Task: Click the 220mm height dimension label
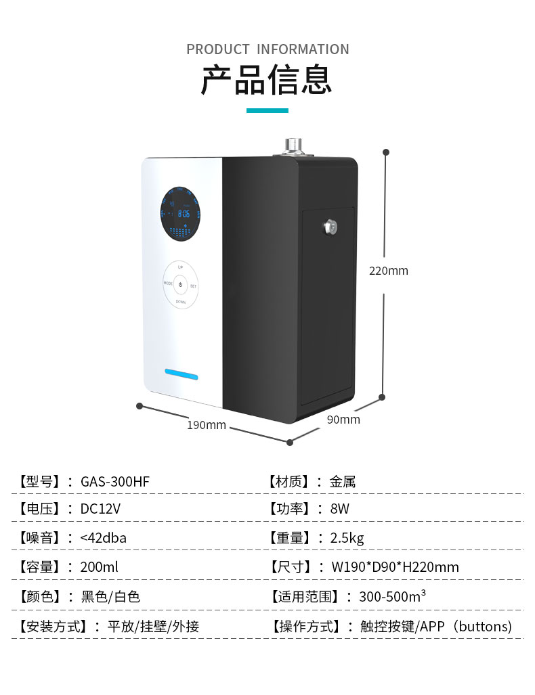pos(388,271)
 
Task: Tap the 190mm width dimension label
pos(207,425)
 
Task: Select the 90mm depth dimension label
pos(343,420)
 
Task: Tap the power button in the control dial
pos(181,285)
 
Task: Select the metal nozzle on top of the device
pos(294,145)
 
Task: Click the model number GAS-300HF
pos(114,482)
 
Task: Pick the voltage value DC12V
pos(100,509)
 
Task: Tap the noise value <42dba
pos(103,538)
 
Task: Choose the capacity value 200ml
pos(99,567)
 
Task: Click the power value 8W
pos(339,509)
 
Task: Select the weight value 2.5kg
pos(347,538)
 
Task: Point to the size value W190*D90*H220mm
pos(394,567)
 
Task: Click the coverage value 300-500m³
pos(392,597)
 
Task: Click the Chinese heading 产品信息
pos(267,80)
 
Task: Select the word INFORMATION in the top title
pos(303,49)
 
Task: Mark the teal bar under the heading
pos(267,110)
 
